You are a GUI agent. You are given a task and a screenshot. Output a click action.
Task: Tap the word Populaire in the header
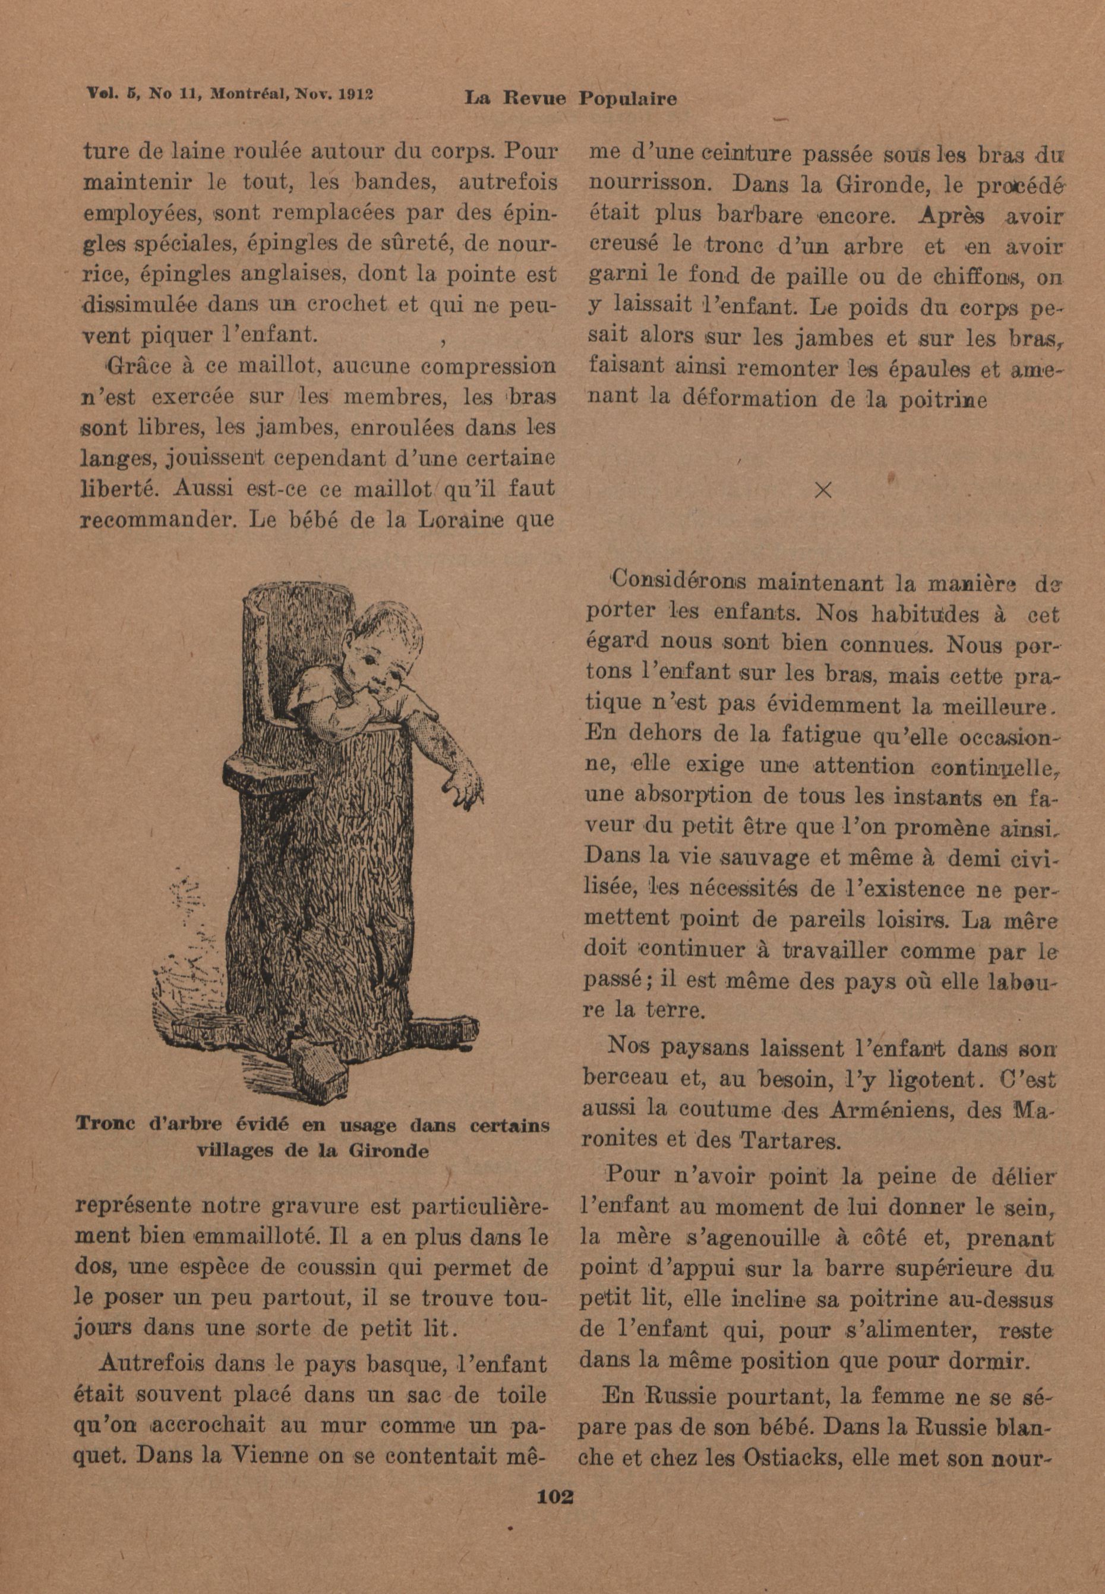click(627, 99)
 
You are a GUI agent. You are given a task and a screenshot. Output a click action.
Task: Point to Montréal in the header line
click(252, 93)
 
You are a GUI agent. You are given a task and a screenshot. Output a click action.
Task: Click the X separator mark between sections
click(823, 490)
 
